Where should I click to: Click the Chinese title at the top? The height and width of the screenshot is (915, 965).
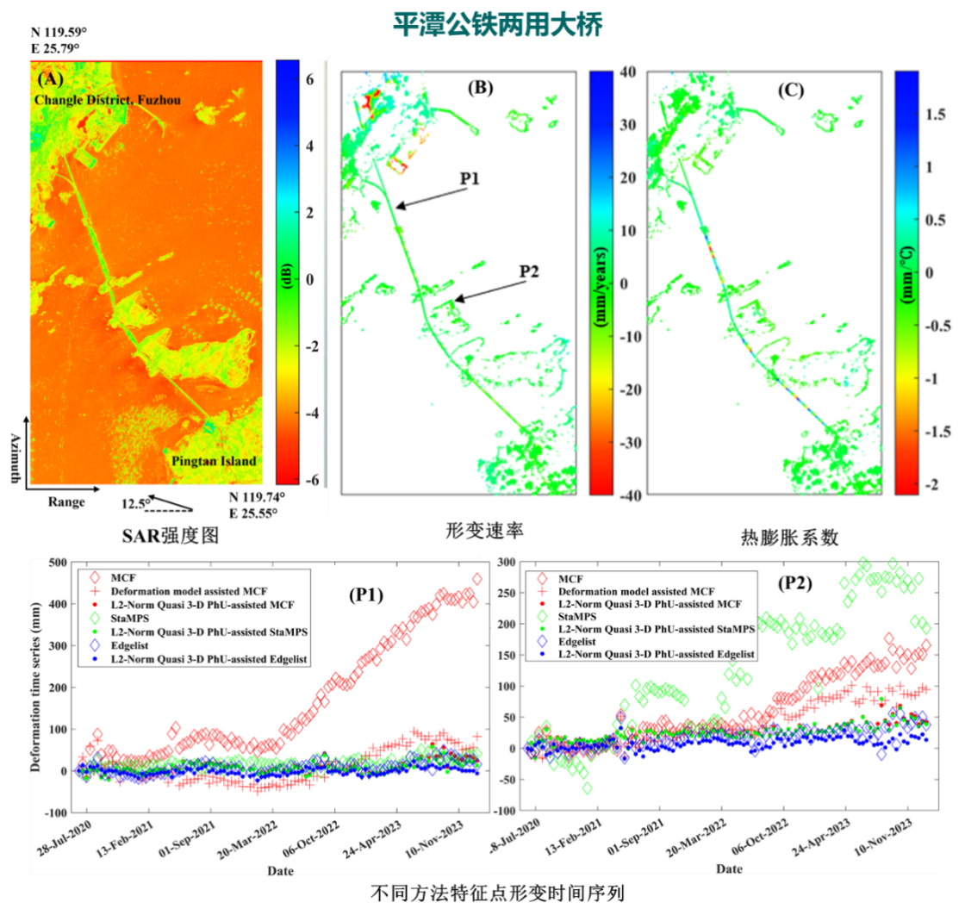[x=497, y=25]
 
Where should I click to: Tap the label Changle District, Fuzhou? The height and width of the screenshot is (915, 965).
[x=108, y=101]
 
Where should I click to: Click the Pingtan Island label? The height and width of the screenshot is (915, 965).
[x=213, y=461]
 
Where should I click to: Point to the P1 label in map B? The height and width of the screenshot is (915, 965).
[x=470, y=178]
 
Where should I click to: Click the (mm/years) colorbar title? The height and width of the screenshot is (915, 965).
[x=602, y=284]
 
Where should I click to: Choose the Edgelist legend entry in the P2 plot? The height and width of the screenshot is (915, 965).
[x=583, y=641]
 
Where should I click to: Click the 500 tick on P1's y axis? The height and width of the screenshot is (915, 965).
[x=58, y=563]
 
